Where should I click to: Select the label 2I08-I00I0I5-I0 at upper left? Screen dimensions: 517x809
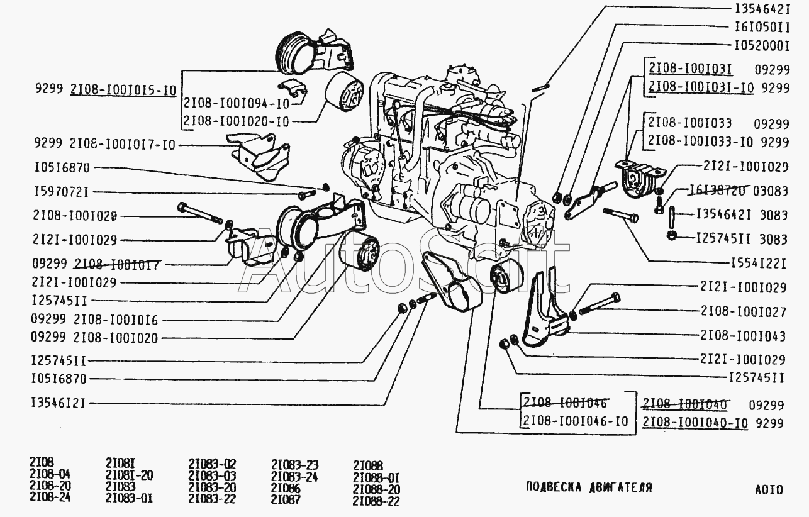123,91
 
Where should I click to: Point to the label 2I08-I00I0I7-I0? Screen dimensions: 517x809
123,145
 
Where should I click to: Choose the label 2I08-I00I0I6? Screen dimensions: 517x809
116,320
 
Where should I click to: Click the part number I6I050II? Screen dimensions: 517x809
761,28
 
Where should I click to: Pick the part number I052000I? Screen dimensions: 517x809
761,46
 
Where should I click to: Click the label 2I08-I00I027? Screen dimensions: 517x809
742,311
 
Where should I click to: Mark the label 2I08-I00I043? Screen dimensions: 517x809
742,336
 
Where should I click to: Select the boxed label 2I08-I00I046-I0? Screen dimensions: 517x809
575,421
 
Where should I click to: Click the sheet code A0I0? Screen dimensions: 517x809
769,489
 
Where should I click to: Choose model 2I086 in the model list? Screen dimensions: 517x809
286,488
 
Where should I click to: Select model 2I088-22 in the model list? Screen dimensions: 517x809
376,501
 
